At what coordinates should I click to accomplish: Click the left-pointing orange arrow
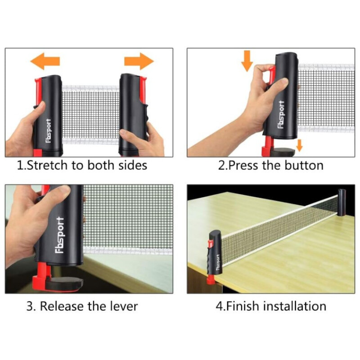pos(45,61)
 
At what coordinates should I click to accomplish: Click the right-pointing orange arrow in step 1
pos(139,61)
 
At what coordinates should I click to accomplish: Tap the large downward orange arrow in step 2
pos(247,61)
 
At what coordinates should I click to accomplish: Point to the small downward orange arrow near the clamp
pos(299,145)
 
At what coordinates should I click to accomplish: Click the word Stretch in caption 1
pos(47,165)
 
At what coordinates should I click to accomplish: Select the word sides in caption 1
pos(133,165)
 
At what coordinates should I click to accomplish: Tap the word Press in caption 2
pos(243,165)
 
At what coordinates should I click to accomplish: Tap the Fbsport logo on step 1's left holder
pos(48,131)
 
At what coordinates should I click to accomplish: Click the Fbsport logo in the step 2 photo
pos(281,114)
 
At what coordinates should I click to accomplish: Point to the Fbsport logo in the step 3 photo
pos(60,235)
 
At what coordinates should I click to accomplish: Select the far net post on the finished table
pos(342,203)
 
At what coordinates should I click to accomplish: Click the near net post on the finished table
pos(215,253)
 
